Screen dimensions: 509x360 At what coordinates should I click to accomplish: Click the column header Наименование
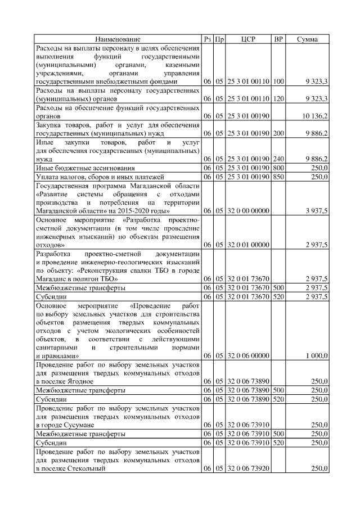(x=118, y=39)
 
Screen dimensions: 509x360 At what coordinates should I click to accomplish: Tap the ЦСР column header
(x=248, y=39)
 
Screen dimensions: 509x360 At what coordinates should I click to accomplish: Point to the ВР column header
(x=278, y=39)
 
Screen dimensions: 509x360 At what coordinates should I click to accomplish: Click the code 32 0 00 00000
(x=248, y=211)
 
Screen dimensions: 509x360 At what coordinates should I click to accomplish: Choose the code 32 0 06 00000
(x=248, y=356)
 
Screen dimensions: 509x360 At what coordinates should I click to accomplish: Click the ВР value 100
(x=278, y=82)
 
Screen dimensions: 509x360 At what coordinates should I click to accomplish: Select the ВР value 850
(x=278, y=177)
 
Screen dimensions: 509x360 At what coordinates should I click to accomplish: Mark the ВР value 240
(x=278, y=159)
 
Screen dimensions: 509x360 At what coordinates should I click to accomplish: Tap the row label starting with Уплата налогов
(x=90, y=177)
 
